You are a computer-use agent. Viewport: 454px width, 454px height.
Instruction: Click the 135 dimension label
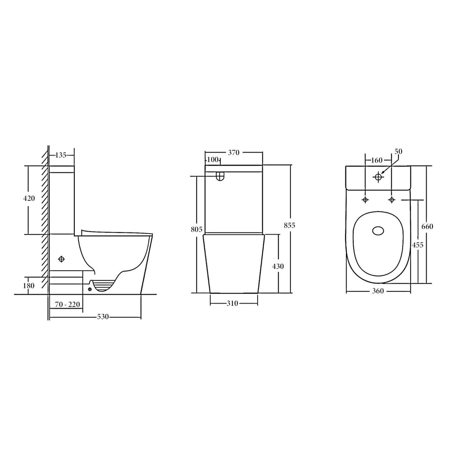tap(61, 155)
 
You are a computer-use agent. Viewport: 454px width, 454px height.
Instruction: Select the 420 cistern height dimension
tap(29, 198)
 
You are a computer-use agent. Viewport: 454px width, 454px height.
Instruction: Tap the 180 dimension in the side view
tap(29, 286)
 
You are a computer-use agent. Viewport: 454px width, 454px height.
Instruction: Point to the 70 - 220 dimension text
tap(68, 305)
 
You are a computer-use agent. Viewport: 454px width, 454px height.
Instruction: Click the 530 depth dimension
tap(103, 317)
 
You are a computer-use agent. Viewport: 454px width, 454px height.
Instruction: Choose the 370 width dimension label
tap(234, 153)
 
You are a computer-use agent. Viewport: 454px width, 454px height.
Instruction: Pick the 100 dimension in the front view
tap(213, 160)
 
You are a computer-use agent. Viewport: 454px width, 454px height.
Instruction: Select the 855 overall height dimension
tap(290, 225)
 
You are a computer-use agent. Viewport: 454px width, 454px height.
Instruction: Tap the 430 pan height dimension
tap(278, 266)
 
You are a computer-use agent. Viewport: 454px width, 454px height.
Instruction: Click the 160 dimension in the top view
tap(377, 160)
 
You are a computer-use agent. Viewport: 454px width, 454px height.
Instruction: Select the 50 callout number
tap(399, 151)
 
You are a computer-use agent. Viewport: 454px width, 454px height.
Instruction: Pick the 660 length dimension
tap(427, 227)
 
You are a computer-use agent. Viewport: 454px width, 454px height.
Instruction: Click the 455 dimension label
tap(417, 245)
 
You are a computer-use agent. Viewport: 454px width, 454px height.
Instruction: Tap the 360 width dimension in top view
tap(377, 291)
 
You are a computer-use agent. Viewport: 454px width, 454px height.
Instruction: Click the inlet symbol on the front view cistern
tap(219, 177)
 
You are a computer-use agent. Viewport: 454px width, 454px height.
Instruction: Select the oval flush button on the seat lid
tap(378, 230)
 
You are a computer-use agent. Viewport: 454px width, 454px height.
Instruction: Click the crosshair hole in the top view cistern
tap(378, 177)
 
